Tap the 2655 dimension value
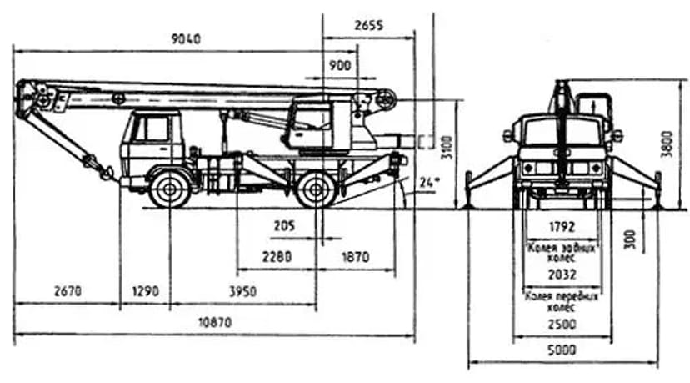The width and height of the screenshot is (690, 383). pos(367,26)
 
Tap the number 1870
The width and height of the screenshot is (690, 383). pos(354,257)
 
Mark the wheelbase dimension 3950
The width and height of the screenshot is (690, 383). pos(242,291)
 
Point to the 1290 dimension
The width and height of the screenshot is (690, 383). pos(145,291)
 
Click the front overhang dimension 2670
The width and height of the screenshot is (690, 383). pos(67,291)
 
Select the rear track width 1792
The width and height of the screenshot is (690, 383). pos(562,226)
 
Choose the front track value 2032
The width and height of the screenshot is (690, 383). pos(562,275)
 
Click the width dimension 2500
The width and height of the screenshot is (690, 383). pos(562,323)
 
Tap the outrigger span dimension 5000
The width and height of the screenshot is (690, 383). pos(562,350)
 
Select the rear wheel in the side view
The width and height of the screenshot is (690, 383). pos(316,191)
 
